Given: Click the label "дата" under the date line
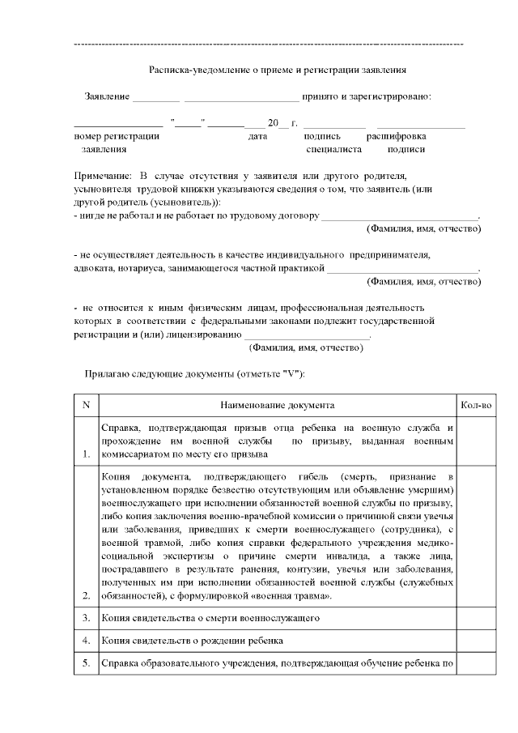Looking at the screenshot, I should (257, 136).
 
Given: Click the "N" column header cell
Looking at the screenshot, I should (86, 403).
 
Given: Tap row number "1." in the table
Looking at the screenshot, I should (86, 454).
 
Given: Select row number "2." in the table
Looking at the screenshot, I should (86, 595).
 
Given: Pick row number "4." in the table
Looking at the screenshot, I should (86, 642).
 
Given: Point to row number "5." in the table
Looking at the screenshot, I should (86, 666).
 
